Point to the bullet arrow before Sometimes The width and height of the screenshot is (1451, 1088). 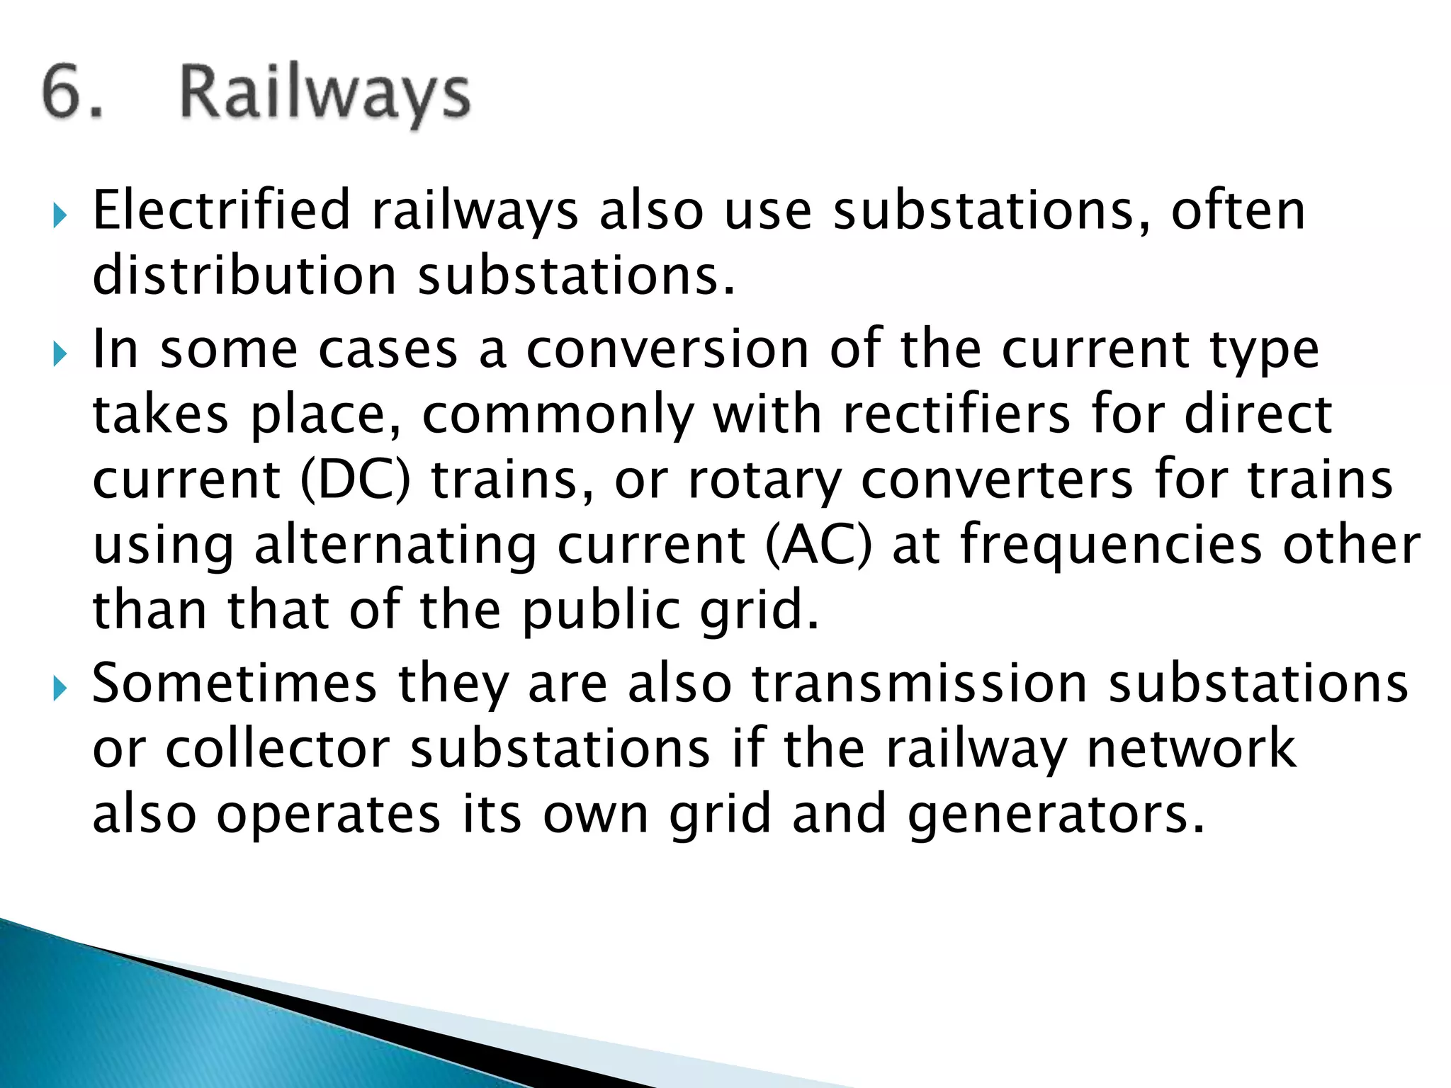tap(60, 688)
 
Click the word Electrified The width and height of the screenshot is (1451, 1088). tap(222, 210)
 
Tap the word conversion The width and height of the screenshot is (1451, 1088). tap(667, 348)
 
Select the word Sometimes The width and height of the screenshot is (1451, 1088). tap(235, 683)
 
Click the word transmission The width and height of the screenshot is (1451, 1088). tap(919, 683)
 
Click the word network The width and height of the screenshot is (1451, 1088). tap(1191, 749)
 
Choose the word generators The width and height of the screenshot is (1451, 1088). tap(1055, 815)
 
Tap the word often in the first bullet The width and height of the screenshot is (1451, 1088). tap(1237, 210)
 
